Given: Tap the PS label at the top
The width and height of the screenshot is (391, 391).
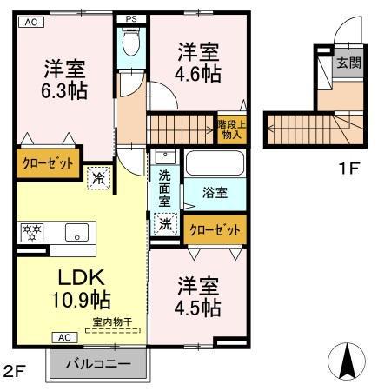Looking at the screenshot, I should [x=131, y=18].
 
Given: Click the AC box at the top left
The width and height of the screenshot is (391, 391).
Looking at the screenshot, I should [x=30, y=22].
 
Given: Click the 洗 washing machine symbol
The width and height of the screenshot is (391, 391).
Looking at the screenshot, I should [x=165, y=222].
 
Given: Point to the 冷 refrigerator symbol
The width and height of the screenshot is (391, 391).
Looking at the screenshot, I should [x=101, y=177].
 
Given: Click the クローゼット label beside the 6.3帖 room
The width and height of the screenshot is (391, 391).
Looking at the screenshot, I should [x=48, y=162].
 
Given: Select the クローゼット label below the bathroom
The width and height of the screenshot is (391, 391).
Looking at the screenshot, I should [x=214, y=229].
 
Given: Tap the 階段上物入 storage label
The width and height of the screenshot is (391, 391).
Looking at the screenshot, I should [x=230, y=129].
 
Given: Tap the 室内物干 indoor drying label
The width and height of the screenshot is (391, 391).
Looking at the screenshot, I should [x=113, y=323].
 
